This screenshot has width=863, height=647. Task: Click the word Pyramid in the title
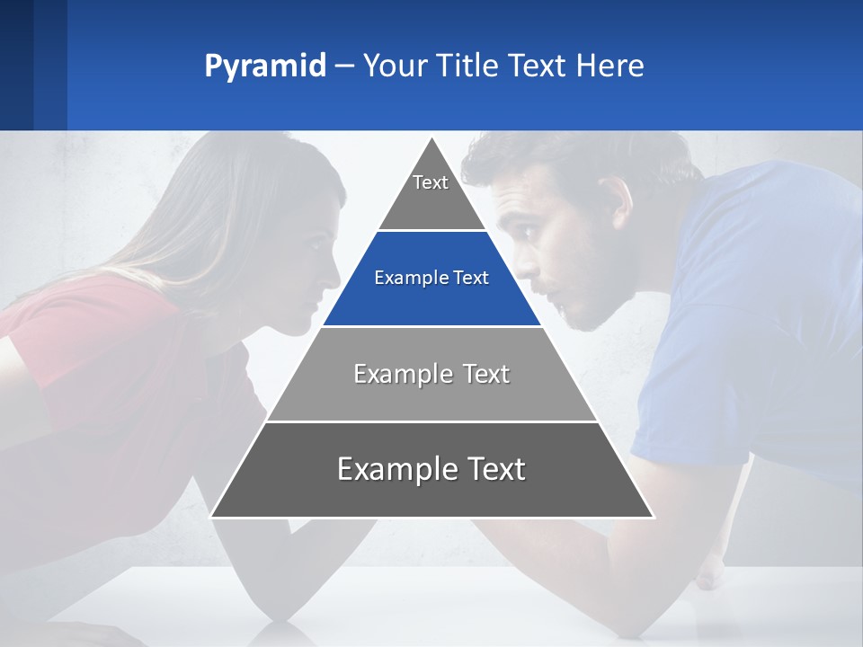[x=264, y=66]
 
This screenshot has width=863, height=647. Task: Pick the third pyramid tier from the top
[x=431, y=374]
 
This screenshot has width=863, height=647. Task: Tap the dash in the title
[x=344, y=66]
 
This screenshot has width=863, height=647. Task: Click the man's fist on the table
[x=710, y=572]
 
